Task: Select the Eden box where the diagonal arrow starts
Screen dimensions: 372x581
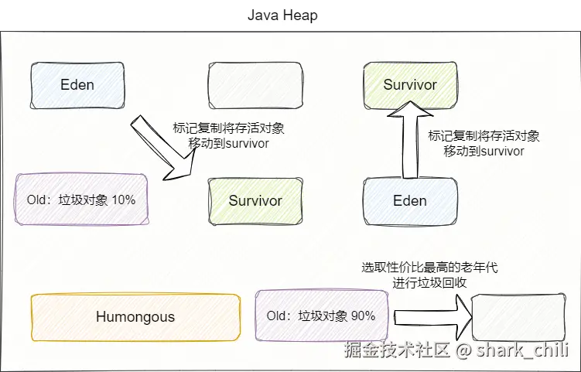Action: point(77,84)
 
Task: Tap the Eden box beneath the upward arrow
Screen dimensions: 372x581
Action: point(409,200)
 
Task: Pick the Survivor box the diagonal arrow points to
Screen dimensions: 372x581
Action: point(255,200)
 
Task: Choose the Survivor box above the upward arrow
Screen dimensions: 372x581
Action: point(409,84)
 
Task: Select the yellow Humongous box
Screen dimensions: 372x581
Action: point(135,316)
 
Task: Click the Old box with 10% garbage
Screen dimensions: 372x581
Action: point(81,200)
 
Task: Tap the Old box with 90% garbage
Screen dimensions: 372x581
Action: point(321,316)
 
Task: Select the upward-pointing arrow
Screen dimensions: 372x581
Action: point(402,139)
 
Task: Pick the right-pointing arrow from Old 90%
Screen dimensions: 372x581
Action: point(433,317)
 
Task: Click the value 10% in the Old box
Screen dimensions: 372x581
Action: point(123,200)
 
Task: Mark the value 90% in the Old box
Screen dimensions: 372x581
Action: point(363,316)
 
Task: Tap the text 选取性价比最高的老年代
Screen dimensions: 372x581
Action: point(429,268)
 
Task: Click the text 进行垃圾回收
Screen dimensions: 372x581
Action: point(429,283)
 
